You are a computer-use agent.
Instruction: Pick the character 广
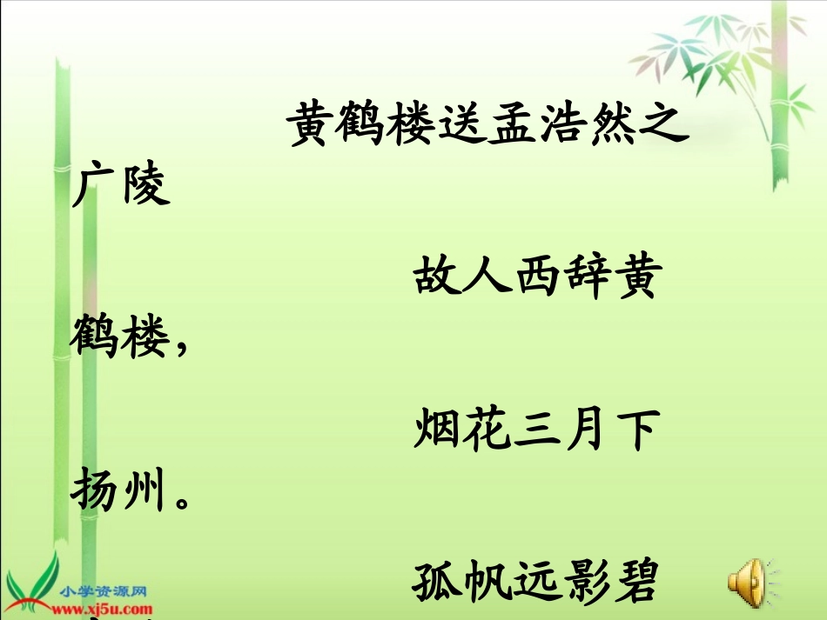[94, 185]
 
